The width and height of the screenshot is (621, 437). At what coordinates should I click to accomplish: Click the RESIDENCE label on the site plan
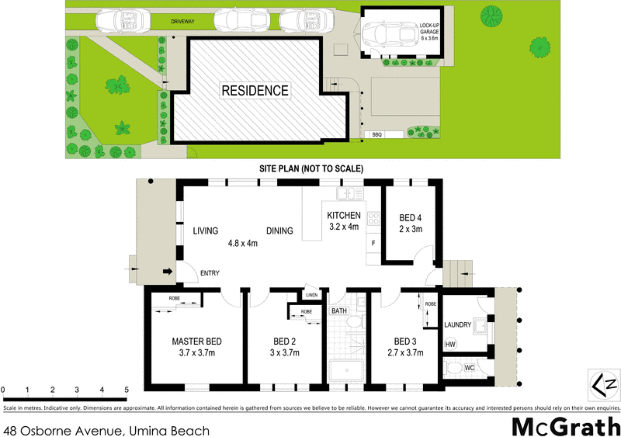(255, 90)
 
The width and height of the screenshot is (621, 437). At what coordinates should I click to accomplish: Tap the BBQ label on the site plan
(378, 135)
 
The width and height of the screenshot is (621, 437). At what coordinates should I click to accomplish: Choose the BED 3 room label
(406, 341)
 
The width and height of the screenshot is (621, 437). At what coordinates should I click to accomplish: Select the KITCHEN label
(343, 215)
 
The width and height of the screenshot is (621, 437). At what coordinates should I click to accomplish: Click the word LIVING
(206, 231)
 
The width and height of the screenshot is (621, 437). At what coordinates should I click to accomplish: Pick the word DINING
(279, 231)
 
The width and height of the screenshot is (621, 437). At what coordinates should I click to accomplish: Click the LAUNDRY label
(458, 324)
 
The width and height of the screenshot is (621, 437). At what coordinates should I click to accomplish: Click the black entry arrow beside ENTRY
(167, 272)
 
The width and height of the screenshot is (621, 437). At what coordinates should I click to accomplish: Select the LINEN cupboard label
(311, 295)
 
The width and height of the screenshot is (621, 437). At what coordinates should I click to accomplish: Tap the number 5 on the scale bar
(126, 389)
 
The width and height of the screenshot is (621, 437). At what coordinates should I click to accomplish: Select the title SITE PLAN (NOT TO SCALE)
(310, 168)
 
